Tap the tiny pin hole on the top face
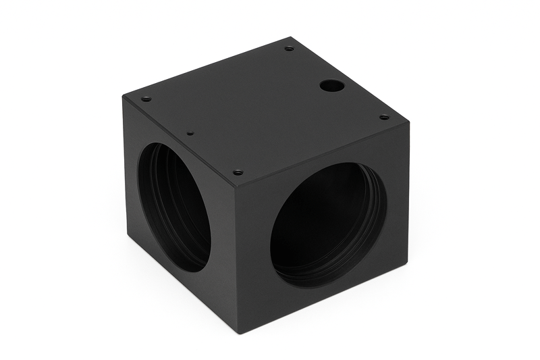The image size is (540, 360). click(x=190, y=133)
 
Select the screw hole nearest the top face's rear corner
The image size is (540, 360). click(x=289, y=49)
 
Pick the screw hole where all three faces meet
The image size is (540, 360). click(x=238, y=172)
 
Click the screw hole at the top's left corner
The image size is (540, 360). click(x=146, y=99)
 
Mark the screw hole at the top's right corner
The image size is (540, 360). click(x=384, y=117)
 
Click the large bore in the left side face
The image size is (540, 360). click(x=174, y=207)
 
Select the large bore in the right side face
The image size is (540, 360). click(x=329, y=224)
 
